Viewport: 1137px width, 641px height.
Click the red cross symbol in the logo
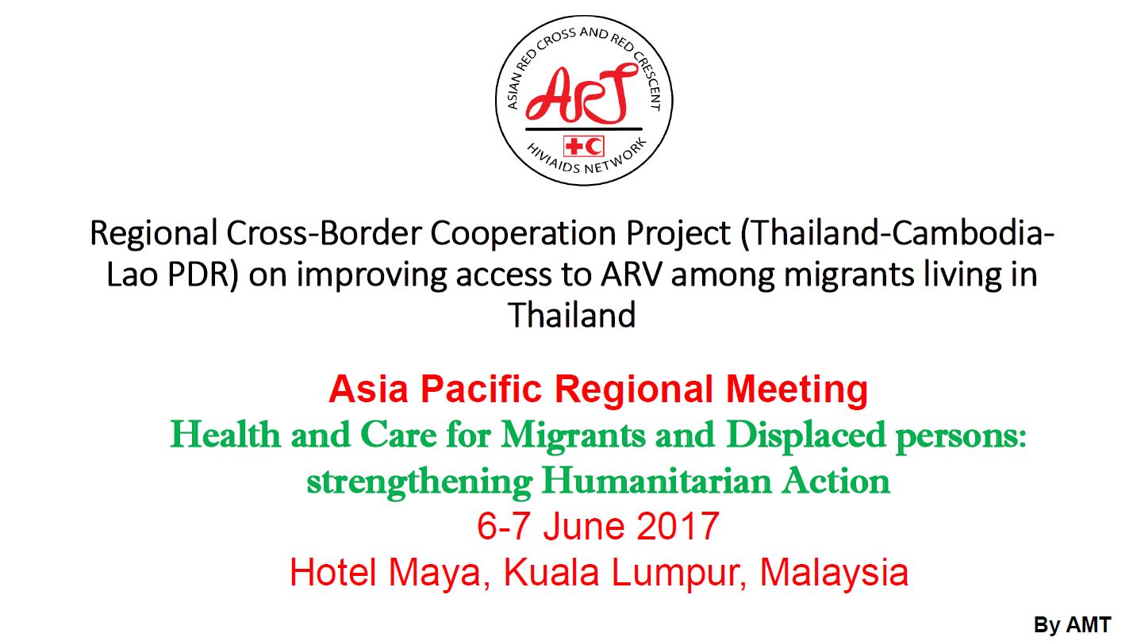tap(575, 147)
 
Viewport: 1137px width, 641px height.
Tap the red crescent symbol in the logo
tap(593, 147)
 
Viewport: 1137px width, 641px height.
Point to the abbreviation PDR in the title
tap(203, 274)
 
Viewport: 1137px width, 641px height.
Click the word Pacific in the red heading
tap(481, 390)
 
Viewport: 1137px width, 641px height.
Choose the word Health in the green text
tap(225, 435)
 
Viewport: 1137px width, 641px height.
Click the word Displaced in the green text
tap(805, 436)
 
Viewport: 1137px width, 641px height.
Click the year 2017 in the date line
tap(678, 526)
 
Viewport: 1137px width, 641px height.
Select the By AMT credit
tap(1073, 625)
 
